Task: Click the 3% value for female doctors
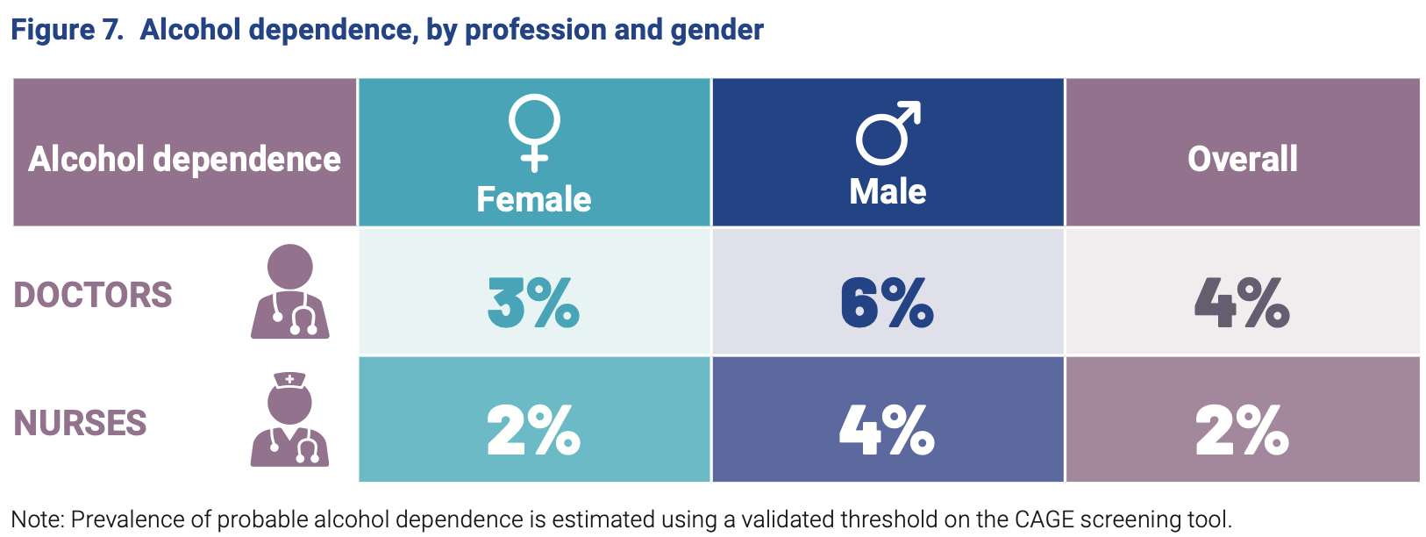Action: [533, 303]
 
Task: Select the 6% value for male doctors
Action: [887, 303]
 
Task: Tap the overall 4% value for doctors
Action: [1241, 303]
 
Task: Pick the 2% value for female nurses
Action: [533, 430]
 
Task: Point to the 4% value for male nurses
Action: [887, 430]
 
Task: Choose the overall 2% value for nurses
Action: [1241, 430]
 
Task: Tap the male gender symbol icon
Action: [888, 132]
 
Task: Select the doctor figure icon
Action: [290, 291]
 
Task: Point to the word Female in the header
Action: [533, 199]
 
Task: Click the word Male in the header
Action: [888, 191]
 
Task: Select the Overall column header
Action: [1242, 159]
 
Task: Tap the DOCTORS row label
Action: [93, 295]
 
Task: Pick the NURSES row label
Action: [80, 423]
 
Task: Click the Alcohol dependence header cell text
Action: [184, 159]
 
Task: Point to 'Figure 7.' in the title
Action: [67, 30]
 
